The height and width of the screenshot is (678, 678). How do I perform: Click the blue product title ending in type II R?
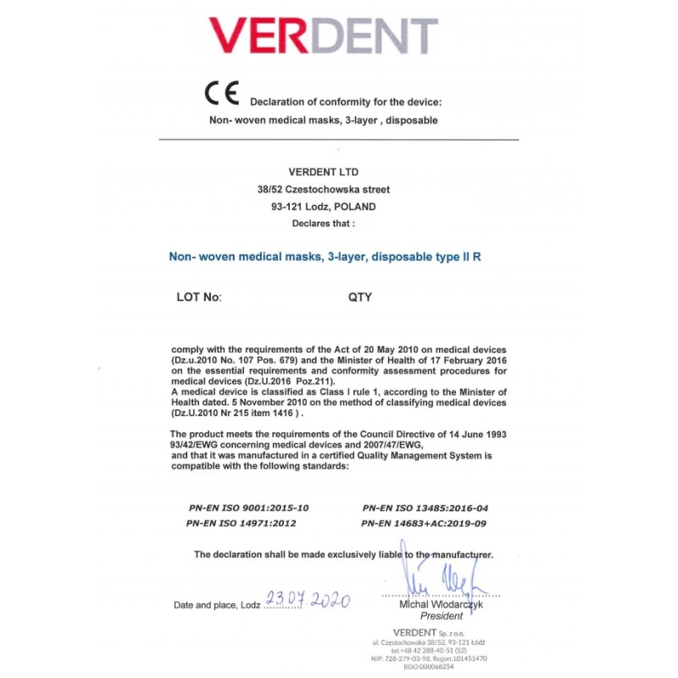pyautogui.click(x=325, y=255)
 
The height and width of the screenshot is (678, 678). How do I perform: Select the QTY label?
pyautogui.click(x=360, y=297)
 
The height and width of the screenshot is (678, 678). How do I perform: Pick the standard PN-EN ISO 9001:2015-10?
pyautogui.click(x=249, y=508)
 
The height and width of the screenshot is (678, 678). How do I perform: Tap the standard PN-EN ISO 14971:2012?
pyautogui.click(x=242, y=523)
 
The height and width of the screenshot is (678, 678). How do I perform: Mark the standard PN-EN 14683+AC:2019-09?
pyautogui.click(x=425, y=523)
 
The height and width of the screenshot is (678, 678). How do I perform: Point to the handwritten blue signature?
pyautogui.click(x=442, y=581)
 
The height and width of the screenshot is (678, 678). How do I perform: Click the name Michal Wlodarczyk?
pyautogui.click(x=442, y=605)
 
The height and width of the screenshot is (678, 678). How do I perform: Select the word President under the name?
pyautogui.click(x=442, y=617)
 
